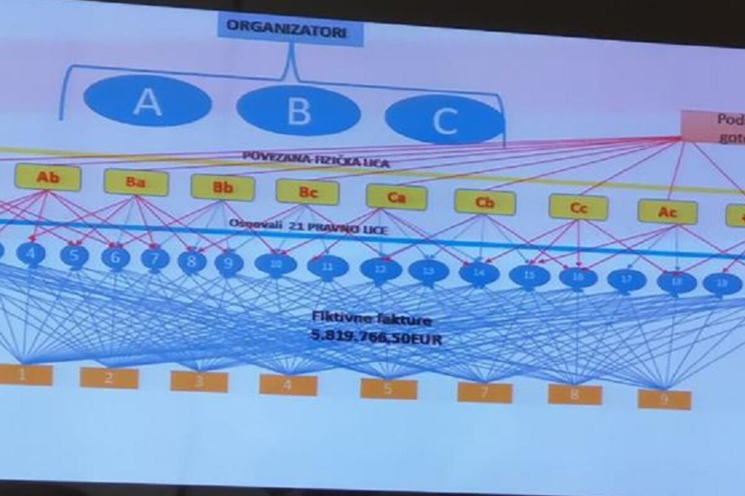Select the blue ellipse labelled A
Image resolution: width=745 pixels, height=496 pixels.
click(x=148, y=101)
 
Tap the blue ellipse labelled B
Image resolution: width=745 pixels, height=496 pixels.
click(x=299, y=111)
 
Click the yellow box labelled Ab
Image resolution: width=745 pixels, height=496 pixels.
click(x=48, y=178)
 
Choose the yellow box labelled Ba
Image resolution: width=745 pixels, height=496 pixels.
click(x=136, y=182)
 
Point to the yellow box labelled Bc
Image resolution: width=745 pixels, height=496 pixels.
click(x=307, y=192)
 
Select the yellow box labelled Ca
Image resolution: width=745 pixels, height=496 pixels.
click(x=396, y=197)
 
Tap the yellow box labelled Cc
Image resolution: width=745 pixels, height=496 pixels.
click(x=578, y=208)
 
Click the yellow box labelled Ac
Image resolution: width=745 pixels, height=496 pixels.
click(x=667, y=212)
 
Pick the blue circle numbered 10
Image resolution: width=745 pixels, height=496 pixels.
click(x=275, y=264)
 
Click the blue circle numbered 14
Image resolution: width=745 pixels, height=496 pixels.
click(x=479, y=273)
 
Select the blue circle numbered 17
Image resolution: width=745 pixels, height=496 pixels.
click(x=626, y=280)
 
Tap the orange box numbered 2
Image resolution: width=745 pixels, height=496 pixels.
click(x=109, y=378)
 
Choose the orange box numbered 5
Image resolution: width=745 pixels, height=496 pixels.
click(x=389, y=389)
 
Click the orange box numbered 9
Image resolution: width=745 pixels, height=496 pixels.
click(x=664, y=400)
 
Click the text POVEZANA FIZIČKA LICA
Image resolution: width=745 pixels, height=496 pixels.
click(x=316, y=160)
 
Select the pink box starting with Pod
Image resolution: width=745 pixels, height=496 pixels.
click(x=713, y=127)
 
